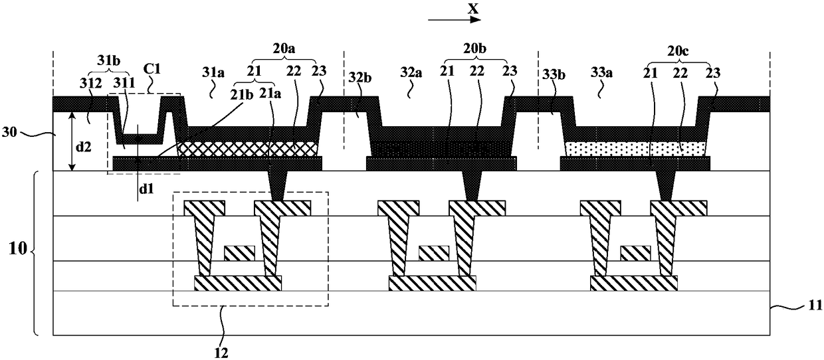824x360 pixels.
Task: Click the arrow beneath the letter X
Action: (x=455, y=21)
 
